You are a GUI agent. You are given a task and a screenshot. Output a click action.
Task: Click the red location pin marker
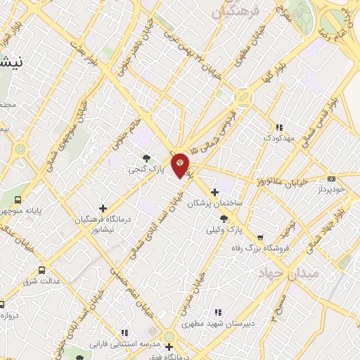[x=181, y=165]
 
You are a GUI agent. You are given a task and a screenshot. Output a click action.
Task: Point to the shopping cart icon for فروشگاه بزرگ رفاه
[x=261, y=238]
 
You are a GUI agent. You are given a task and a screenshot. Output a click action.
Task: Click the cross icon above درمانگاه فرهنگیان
[x=103, y=208]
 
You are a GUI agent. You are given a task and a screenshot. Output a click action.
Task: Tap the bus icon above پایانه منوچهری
[x=18, y=199]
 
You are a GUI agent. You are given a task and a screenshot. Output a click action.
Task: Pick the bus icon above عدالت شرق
[x=41, y=270]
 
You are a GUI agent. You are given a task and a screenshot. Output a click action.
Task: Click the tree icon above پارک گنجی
[x=146, y=158]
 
